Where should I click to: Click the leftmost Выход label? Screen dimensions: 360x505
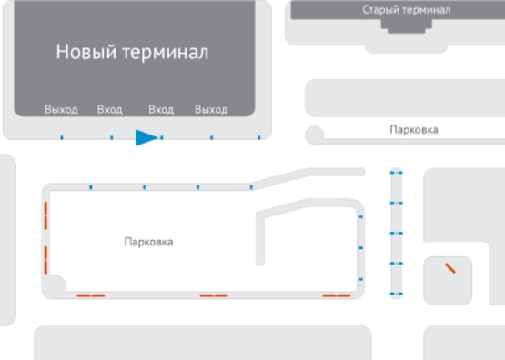[x=61, y=110]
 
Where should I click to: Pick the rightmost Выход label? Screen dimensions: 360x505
[x=210, y=110]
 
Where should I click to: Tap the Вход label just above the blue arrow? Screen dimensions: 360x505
[x=160, y=110]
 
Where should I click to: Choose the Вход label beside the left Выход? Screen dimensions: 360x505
[x=109, y=110]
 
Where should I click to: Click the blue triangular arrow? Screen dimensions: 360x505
[x=146, y=137]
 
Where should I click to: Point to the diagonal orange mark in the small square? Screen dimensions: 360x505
[x=449, y=268]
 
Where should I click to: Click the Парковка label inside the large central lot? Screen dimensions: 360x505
[x=148, y=242]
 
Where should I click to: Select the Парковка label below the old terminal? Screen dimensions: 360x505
[x=413, y=130]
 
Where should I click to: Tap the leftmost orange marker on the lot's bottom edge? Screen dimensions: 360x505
[x=90, y=295]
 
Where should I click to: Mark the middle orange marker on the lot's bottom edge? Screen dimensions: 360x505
[x=214, y=295]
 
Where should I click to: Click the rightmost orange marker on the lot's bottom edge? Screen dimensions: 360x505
[x=337, y=295]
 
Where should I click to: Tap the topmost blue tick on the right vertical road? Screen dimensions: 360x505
[x=396, y=172]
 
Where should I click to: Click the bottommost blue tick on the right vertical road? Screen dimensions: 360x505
[x=396, y=294]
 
